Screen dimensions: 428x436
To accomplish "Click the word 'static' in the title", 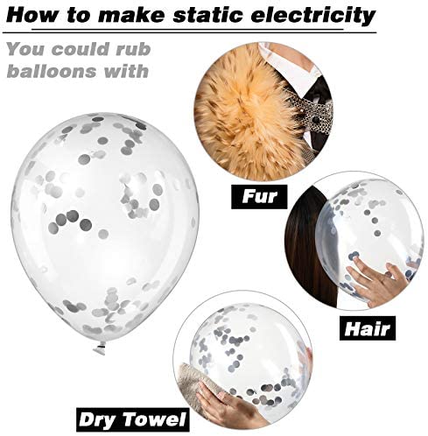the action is click(x=207, y=15).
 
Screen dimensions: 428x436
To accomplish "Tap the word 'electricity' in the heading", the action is click(x=313, y=16).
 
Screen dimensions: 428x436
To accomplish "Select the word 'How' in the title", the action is click(x=31, y=15).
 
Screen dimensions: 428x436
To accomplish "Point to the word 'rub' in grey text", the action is click(x=133, y=49).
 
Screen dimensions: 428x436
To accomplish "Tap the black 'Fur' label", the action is click(x=259, y=196).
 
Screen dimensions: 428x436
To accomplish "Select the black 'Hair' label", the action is click(x=368, y=328).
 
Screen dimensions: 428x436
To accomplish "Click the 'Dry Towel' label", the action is click(x=133, y=419).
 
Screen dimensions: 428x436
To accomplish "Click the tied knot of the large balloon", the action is click(x=100, y=348).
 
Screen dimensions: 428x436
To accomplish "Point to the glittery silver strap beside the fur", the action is click(x=317, y=116).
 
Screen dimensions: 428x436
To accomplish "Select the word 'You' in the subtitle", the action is click(x=25, y=49).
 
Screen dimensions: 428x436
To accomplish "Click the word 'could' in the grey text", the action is click(x=80, y=49).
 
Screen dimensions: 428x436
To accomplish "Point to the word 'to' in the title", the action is click(x=77, y=15).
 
